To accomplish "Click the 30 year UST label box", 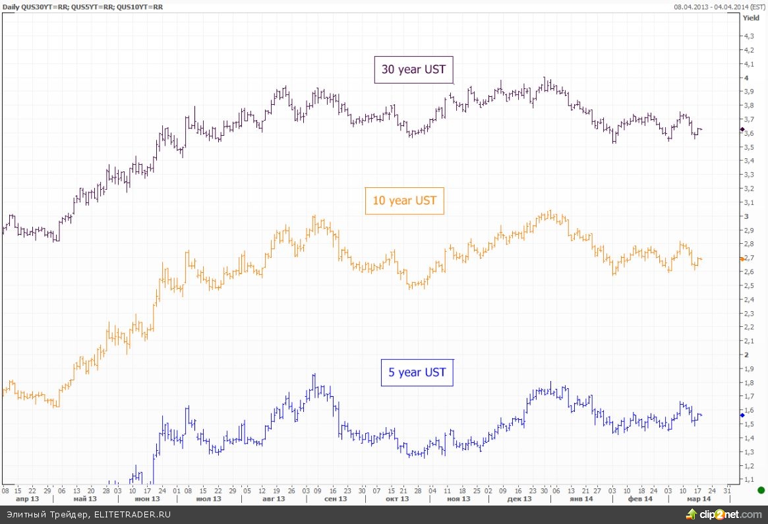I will point(414,69).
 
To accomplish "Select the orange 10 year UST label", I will point(404,200).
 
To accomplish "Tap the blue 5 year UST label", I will point(417,372).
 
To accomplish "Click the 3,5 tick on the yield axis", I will point(749,147).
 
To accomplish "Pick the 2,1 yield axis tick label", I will point(749,341).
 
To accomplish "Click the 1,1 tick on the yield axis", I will point(749,479).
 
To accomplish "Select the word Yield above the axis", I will point(751,18).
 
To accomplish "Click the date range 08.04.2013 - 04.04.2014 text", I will point(720,7).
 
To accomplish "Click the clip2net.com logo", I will point(721,514).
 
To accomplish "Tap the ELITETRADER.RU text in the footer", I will point(132,514).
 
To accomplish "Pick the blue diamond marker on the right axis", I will point(742,415).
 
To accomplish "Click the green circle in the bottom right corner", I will point(761,490).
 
